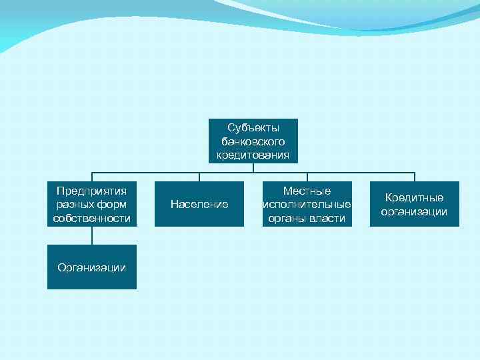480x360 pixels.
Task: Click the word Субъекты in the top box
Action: click(253, 127)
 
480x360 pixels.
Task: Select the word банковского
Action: click(253, 141)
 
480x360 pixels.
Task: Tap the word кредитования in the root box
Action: click(253, 155)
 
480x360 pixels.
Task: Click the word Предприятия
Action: click(92, 191)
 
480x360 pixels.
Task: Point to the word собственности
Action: click(92, 219)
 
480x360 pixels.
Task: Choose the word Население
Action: click(199, 204)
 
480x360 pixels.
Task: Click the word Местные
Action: click(307, 191)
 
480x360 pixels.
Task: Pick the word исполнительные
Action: click(307, 205)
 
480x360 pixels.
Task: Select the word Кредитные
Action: click(414, 197)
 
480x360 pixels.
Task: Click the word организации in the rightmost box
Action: click(414, 212)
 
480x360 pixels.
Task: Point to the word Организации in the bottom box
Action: click(92, 267)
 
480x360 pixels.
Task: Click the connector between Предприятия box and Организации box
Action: click(92, 235)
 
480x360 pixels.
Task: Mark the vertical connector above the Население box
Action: click(199, 177)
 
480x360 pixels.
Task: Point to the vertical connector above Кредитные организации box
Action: click(415, 177)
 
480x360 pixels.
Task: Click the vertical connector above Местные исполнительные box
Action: click(307, 177)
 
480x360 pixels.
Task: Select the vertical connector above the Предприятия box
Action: click(92, 177)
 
